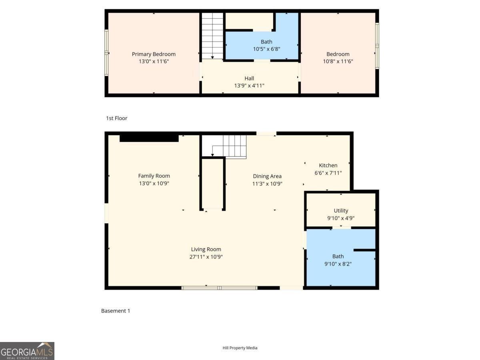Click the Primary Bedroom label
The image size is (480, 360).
click(154, 54)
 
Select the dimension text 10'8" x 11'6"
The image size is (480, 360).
click(338, 62)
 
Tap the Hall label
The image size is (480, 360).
click(249, 78)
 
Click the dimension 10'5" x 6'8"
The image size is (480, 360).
click(266, 49)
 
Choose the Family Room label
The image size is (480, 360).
click(154, 176)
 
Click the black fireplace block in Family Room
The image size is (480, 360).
click(149, 138)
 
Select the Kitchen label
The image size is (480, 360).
click(328, 165)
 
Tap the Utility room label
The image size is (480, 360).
click(341, 210)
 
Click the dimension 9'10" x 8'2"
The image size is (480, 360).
click(338, 264)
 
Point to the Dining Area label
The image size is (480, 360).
click(267, 176)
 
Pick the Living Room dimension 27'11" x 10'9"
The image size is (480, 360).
click(206, 257)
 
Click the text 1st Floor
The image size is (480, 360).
click(116, 118)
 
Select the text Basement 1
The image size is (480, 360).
click(116, 310)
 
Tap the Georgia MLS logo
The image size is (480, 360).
click(27, 351)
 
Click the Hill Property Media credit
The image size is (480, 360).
click(240, 348)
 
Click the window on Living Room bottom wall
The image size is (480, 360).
click(219, 288)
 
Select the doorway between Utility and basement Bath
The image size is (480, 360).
click(341, 228)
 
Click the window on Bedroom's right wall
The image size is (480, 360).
click(377, 46)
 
